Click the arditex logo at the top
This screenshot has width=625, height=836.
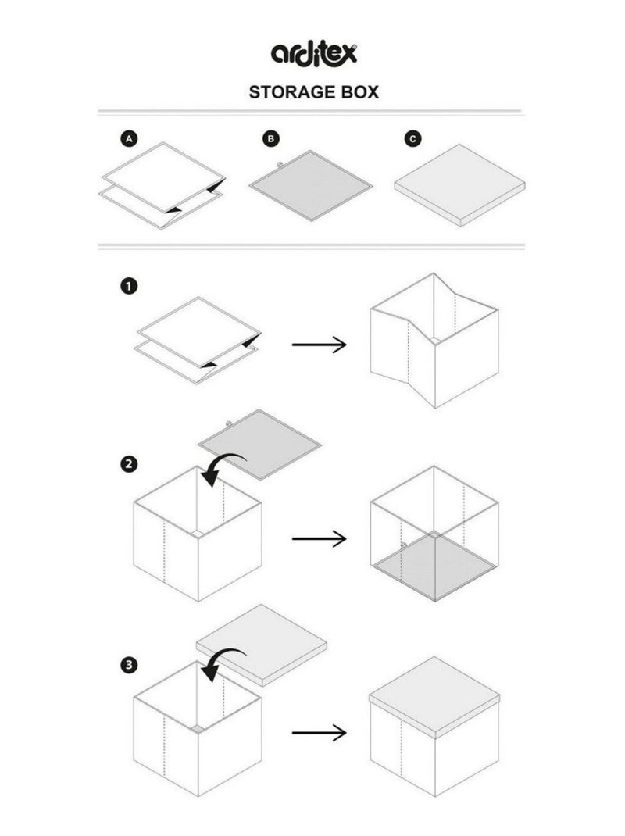[313, 54]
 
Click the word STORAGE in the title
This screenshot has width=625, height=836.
[286, 92]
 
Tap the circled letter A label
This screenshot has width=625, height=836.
[129, 139]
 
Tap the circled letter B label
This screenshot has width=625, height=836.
[271, 139]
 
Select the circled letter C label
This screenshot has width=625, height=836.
[412, 139]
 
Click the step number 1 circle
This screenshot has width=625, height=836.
[129, 286]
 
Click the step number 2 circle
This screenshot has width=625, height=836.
[129, 464]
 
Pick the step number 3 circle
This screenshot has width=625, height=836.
[129, 666]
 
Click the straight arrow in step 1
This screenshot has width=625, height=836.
[319, 345]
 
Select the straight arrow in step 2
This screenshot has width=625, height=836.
[319, 538]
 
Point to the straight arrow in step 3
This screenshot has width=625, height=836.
[319, 733]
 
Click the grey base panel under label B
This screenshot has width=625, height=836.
[310, 185]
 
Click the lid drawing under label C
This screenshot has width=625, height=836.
[459, 185]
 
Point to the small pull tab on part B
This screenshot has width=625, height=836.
[279, 164]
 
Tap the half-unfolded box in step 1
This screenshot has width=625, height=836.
[434, 341]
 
